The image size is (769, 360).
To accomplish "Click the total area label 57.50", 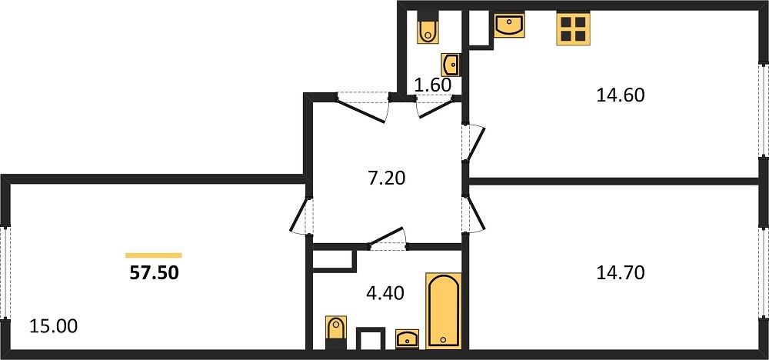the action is tap(154, 273).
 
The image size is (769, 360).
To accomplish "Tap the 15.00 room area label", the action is tap(54, 326).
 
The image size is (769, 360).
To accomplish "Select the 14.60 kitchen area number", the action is tap(620, 95).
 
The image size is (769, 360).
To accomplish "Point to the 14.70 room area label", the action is tap(620, 273).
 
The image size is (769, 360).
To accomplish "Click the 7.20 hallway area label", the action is tap(387, 178).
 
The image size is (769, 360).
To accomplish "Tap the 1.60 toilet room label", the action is tap(433, 85).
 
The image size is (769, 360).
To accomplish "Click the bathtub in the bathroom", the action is tap(444, 311).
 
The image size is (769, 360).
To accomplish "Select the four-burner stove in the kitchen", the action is tap(573, 29).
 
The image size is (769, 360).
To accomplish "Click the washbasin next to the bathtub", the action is tap(407, 339).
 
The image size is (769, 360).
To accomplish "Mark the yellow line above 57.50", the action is tap(154, 255).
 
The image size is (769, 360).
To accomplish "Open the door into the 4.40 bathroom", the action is tap(388, 238).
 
